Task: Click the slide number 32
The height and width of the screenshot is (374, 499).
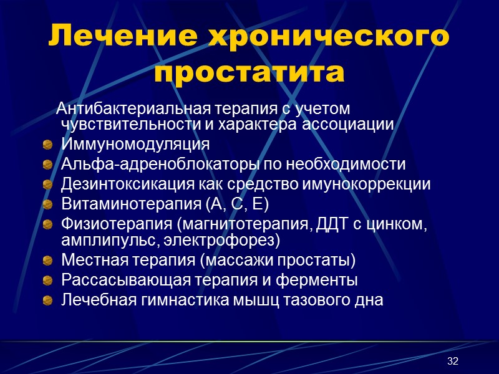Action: click(453, 362)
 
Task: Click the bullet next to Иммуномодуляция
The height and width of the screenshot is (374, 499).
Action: click(47, 146)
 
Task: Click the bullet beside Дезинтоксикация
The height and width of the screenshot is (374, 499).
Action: click(47, 185)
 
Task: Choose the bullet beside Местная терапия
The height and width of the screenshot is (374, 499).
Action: click(47, 261)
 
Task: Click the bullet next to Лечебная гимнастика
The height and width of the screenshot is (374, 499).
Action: click(47, 300)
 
